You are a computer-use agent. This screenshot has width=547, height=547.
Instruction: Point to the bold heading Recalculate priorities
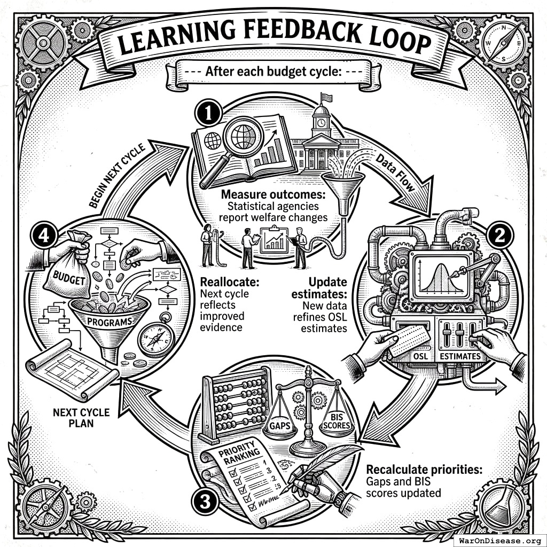(424, 470)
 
